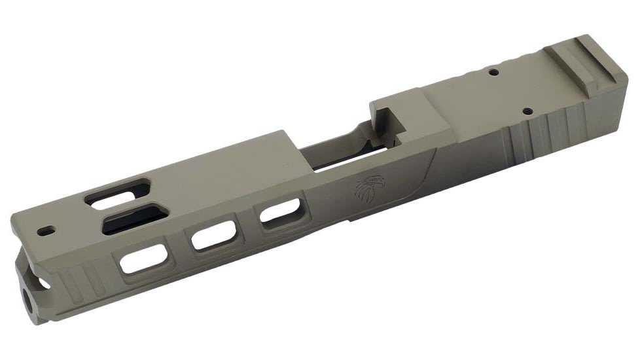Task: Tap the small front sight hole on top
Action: pos(45,231)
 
